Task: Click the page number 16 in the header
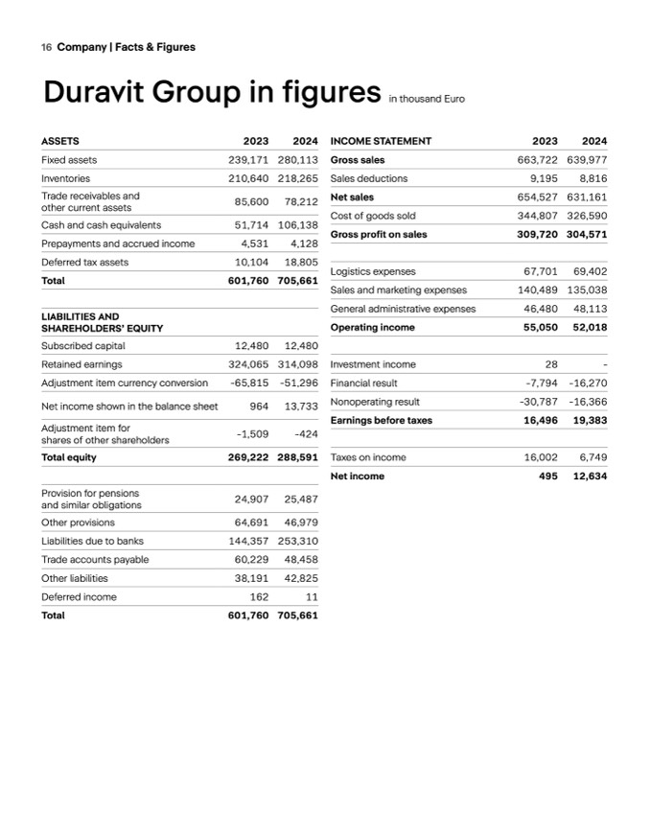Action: (x=46, y=46)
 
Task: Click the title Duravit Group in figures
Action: (x=212, y=93)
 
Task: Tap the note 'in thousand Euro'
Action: (x=426, y=99)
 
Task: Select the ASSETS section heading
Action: (x=60, y=141)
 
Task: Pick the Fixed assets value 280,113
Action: (x=298, y=160)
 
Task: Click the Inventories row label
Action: (x=66, y=178)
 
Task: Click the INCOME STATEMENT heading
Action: (x=381, y=141)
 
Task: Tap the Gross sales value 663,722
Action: (x=538, y=160)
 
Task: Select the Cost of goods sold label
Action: (x=372, y=216)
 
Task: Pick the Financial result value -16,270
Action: (x=587, y=383)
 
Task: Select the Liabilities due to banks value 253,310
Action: (x=297, y=541)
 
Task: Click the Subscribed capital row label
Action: (x=83, y=345)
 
